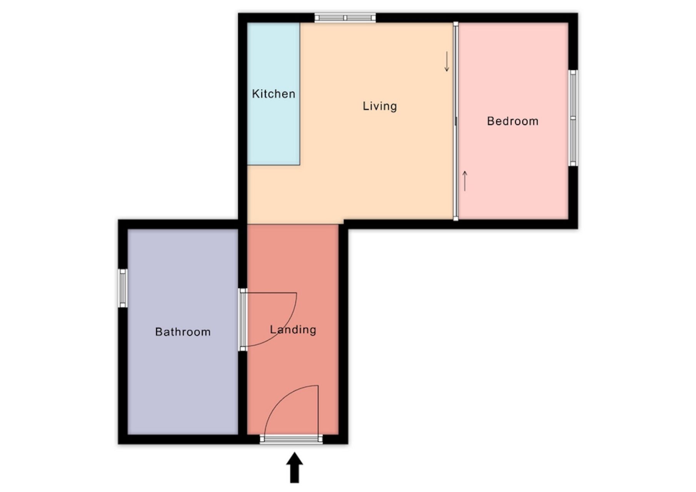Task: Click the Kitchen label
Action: coord(274,94)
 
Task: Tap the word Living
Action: coord(380,106)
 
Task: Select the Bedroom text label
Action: coord(512,121)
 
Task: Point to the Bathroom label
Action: coord(183,332)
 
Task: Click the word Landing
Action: coord(293,330)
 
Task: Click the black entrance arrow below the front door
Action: coord(294,467)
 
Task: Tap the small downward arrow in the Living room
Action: coord(447,61)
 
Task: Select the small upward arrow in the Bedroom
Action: coord(465,181)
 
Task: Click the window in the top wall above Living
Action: coord(345,18)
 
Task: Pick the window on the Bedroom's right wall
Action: coord(573,118)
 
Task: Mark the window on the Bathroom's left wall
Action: coord(123,288)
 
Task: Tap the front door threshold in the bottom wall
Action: coord(291,439)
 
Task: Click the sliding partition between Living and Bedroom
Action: coord(456,121)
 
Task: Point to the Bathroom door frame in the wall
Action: coord(243,319)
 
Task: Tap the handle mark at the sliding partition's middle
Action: coord(456,121)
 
